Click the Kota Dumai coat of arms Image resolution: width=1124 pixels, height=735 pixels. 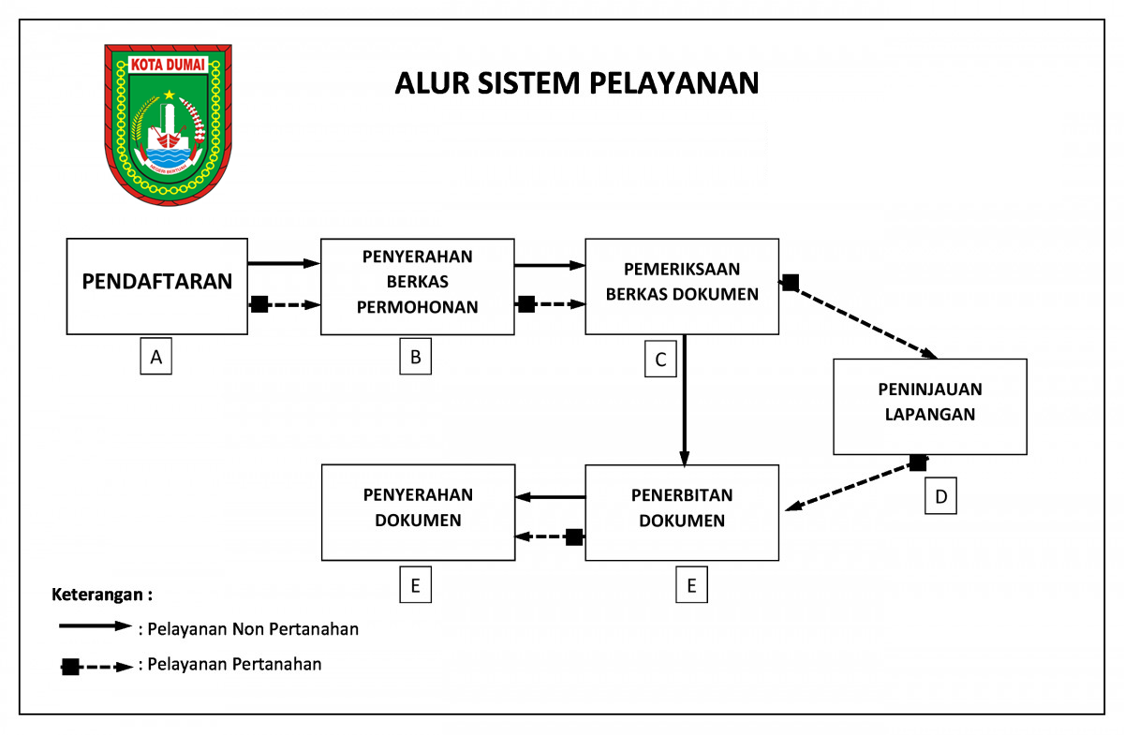(x=169, y=124)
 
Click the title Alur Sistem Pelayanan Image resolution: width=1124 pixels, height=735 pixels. (x=576, y=82)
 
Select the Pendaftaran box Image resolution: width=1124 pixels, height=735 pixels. (x=157, y=286)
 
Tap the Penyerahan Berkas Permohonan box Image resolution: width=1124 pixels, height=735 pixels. (x=418, y=286)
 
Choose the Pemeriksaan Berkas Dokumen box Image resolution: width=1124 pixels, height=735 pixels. (x=682, y=286)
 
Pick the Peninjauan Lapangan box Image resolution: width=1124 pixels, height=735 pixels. (x=930, y=405)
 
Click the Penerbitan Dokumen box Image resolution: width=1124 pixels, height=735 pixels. (x=682, y=512)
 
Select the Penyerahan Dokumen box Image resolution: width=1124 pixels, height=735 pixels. (x=418, y=512)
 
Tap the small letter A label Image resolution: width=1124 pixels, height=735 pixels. (x=156, y=356)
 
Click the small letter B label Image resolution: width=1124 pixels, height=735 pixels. (x=416, y=356)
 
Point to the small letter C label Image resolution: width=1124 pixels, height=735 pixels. (x=660, y=360)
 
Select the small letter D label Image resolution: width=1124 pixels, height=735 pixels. (x=941, y=495)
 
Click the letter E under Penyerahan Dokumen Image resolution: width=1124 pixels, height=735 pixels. (x=415, y=585)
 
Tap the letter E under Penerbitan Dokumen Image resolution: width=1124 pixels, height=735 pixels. (x=691, y=585)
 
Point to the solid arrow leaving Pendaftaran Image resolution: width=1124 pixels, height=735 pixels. (x=284, y=264)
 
